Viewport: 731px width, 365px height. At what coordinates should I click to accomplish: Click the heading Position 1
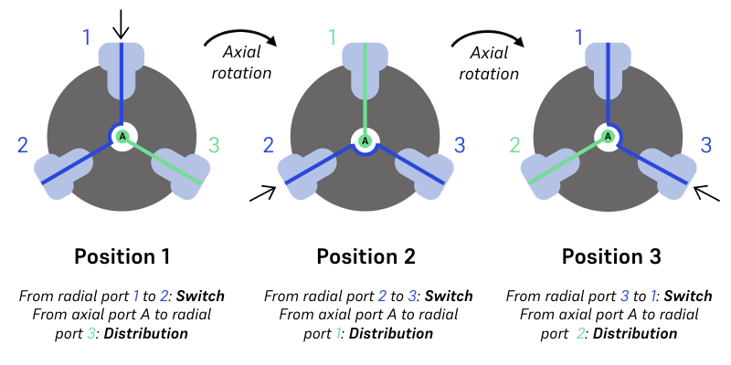(x=122, y=256)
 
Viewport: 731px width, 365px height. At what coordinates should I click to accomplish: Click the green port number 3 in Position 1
(x=215, y=144)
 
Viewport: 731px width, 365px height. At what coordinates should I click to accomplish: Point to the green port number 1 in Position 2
(x=333, y=37)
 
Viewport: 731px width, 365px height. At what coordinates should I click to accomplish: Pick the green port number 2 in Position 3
(x=514, y=144)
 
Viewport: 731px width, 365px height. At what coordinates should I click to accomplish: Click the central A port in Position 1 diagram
(x=122, y=137)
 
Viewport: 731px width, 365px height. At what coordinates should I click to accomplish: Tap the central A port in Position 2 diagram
(x=365, y=141)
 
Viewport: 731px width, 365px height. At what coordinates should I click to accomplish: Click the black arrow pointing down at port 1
(x=122, y=23)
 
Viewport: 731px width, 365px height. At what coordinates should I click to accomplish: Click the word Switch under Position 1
(x=201, y=297)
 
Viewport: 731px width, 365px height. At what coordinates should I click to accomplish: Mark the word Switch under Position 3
(x=687, y=297)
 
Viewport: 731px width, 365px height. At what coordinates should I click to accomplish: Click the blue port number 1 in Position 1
(x=87, y=37)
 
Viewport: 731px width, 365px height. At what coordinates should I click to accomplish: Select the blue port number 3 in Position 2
(x=460, y=144)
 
